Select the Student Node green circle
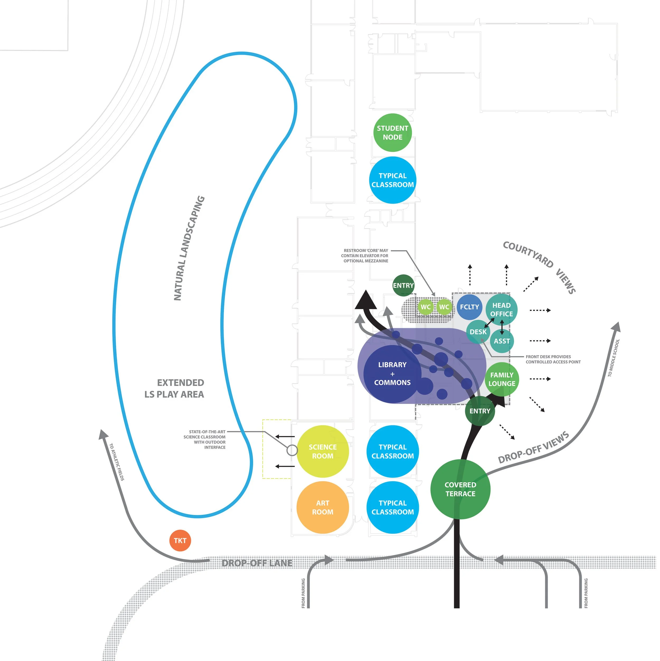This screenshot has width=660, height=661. coord(392,133)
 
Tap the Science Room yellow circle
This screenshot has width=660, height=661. coord(323,451)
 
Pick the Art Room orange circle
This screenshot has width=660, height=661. coord(323,508)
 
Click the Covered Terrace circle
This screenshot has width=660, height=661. coord(460,489)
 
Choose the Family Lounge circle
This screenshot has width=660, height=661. coord(502,379)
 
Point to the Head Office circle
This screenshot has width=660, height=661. coord(501,309)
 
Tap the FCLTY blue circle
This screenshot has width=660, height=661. coord(469,307)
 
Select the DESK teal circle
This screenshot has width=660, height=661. coord(478,332)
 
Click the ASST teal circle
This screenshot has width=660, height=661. coord(502,341)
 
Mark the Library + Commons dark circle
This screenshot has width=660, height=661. coord(392,374)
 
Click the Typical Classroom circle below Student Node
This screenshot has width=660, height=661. coord(393,180)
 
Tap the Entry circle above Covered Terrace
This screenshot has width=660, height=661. coord(480,411)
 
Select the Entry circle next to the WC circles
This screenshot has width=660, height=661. coord(403,285)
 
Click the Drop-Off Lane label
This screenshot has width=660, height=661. coord(257,563)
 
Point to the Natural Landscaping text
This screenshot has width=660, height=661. coord(189,248)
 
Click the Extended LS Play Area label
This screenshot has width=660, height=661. coord(175,388)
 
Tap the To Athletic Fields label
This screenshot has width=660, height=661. coord(117,462)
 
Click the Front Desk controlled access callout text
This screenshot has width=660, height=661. coord(553,359)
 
